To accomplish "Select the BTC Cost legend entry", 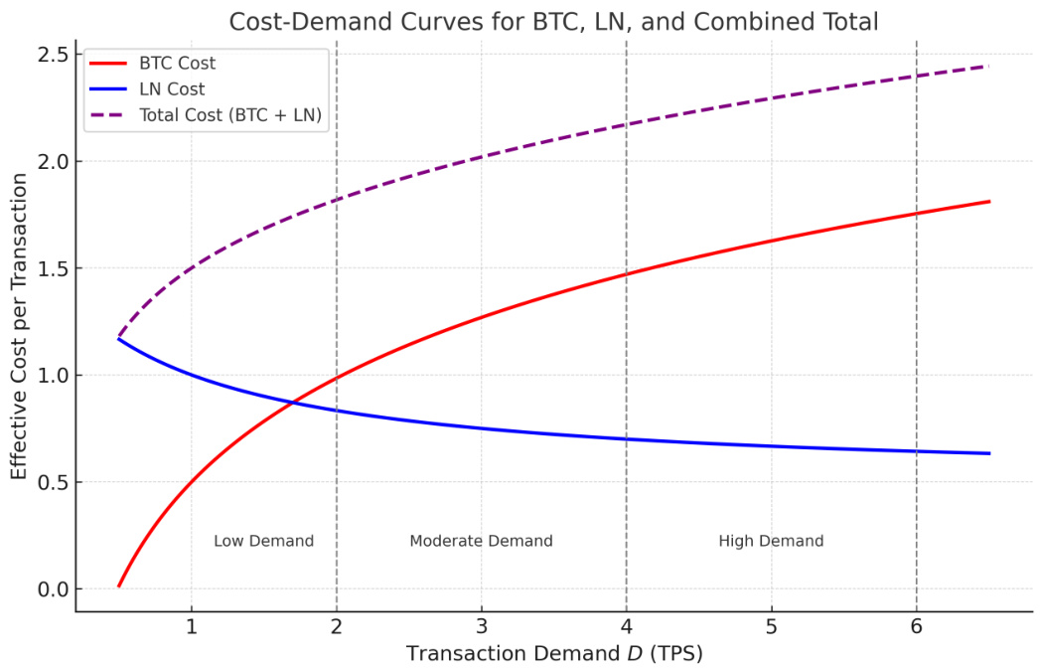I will [x=177, y=64].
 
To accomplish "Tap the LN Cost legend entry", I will [x=172, y=89].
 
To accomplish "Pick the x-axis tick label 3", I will [x=482, y=627].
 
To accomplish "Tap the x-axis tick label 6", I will [x=917, y=627].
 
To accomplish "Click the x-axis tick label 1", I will [x=191, y=627].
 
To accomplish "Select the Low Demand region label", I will [x=264, y=542].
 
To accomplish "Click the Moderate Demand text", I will [x=481, y=542].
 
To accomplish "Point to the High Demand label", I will [x=771, y=542].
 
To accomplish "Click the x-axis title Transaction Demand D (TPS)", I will [x=554, y=653].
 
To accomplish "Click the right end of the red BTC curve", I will [x=989, y=202].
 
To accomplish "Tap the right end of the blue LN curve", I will [x=989, y=453].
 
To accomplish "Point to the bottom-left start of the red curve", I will [x=118, y=586].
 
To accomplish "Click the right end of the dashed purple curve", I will [x=989, y=66].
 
